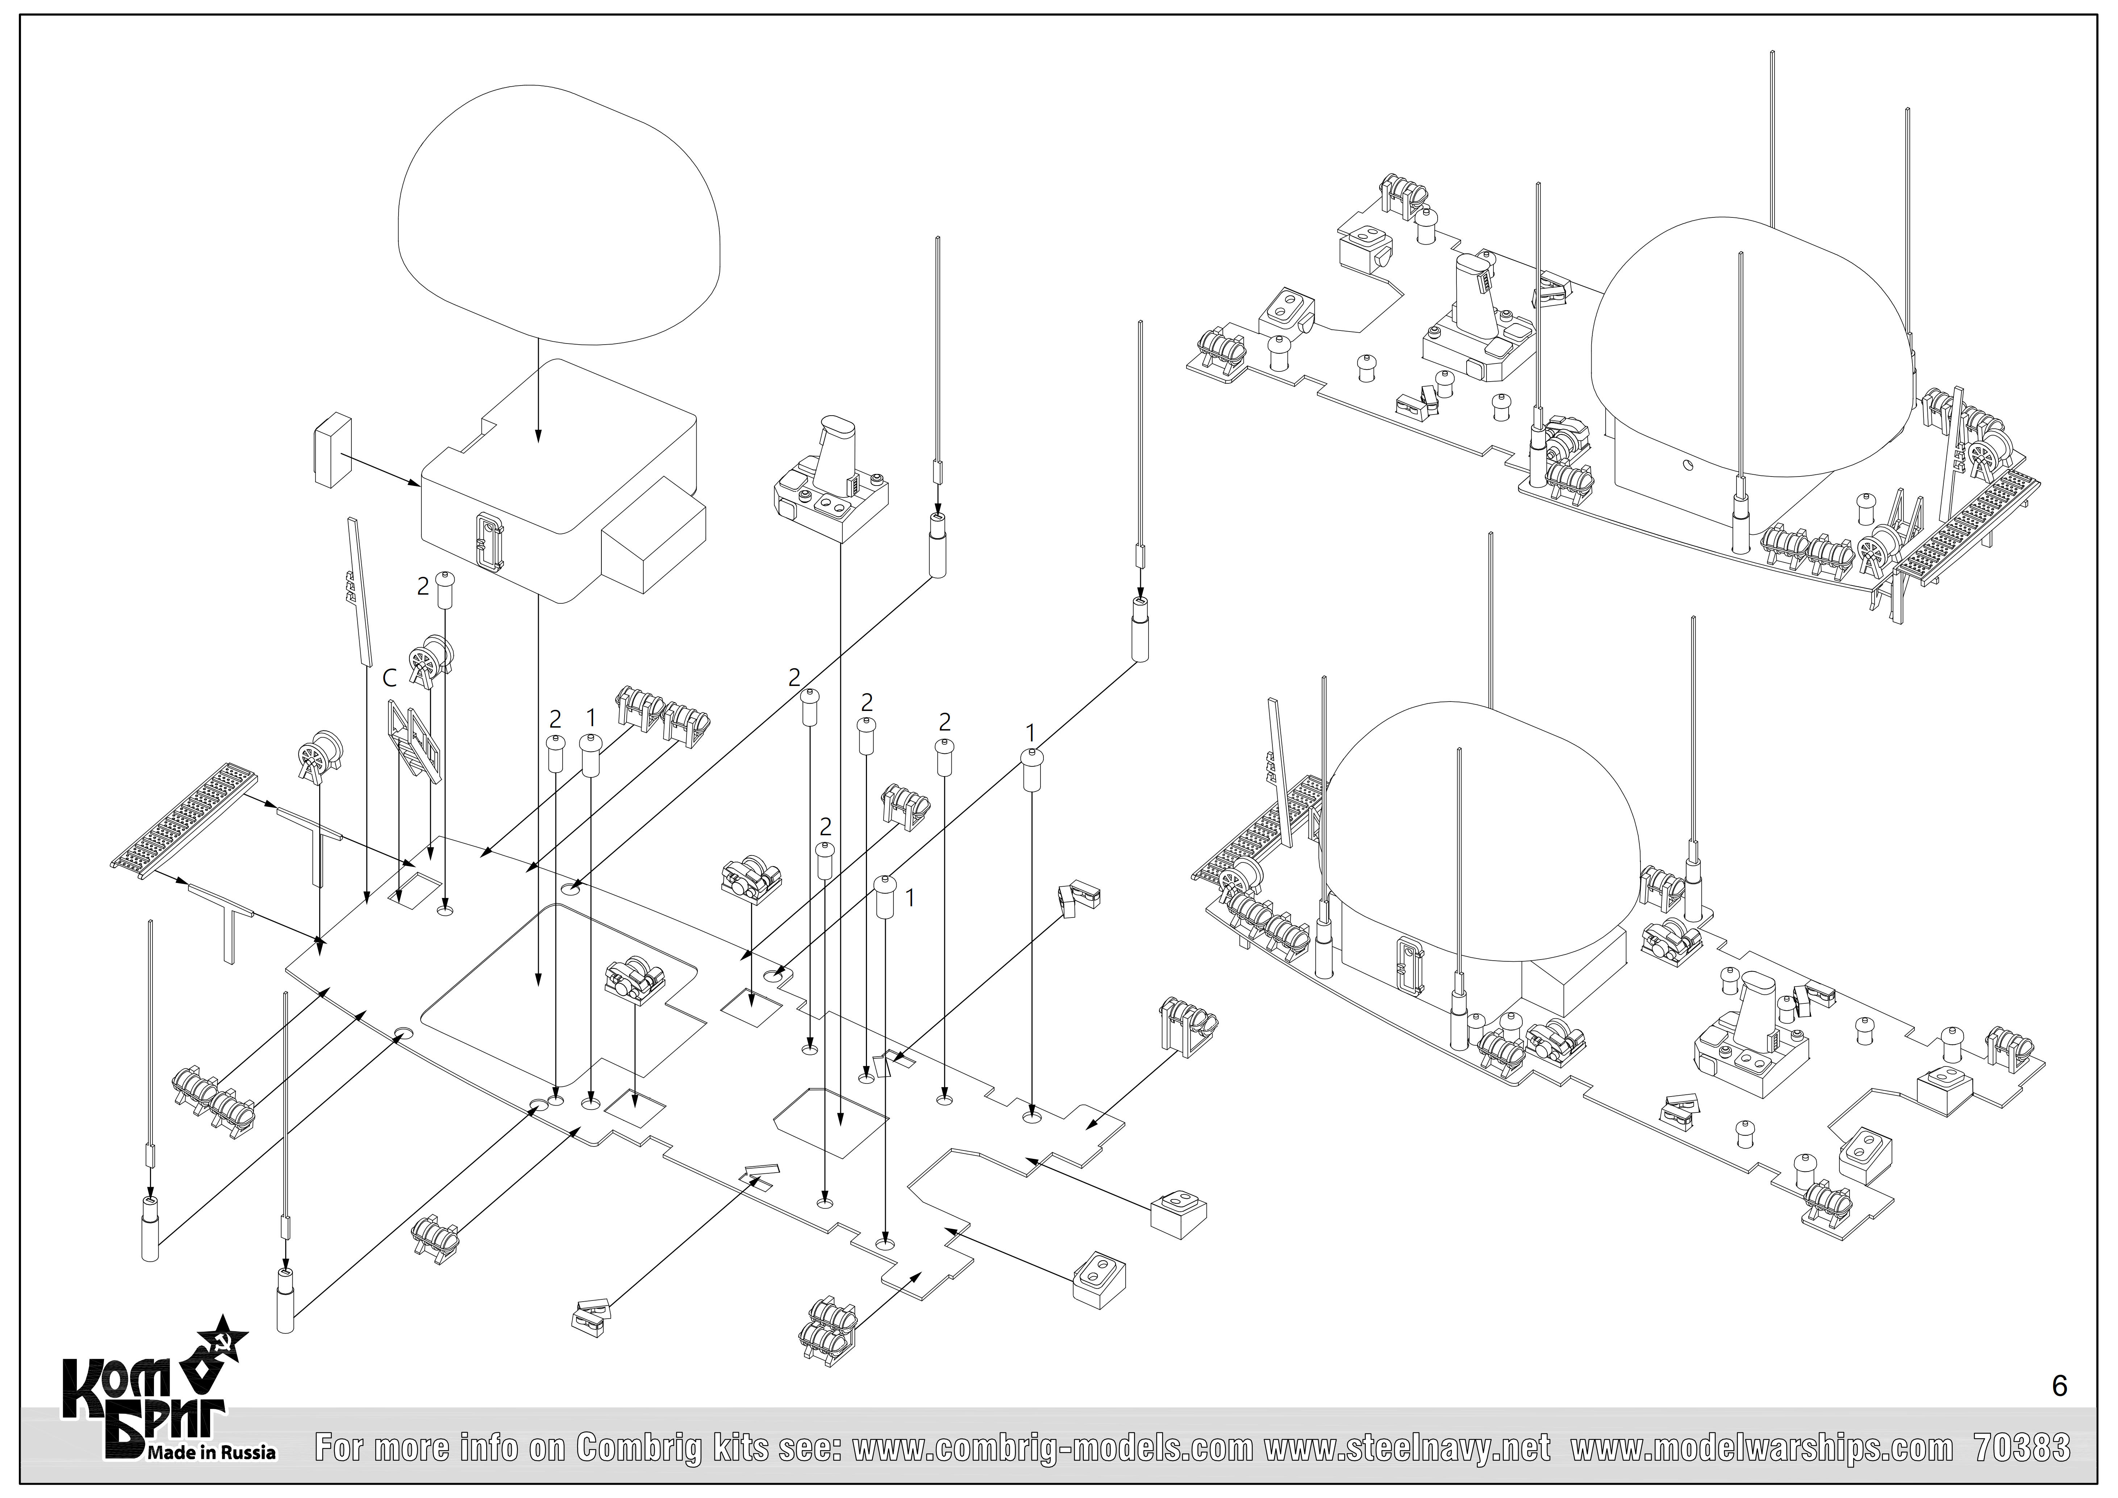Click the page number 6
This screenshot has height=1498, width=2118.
(x=2059, y=1386)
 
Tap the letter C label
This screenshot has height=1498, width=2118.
(x=390, y=678)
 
